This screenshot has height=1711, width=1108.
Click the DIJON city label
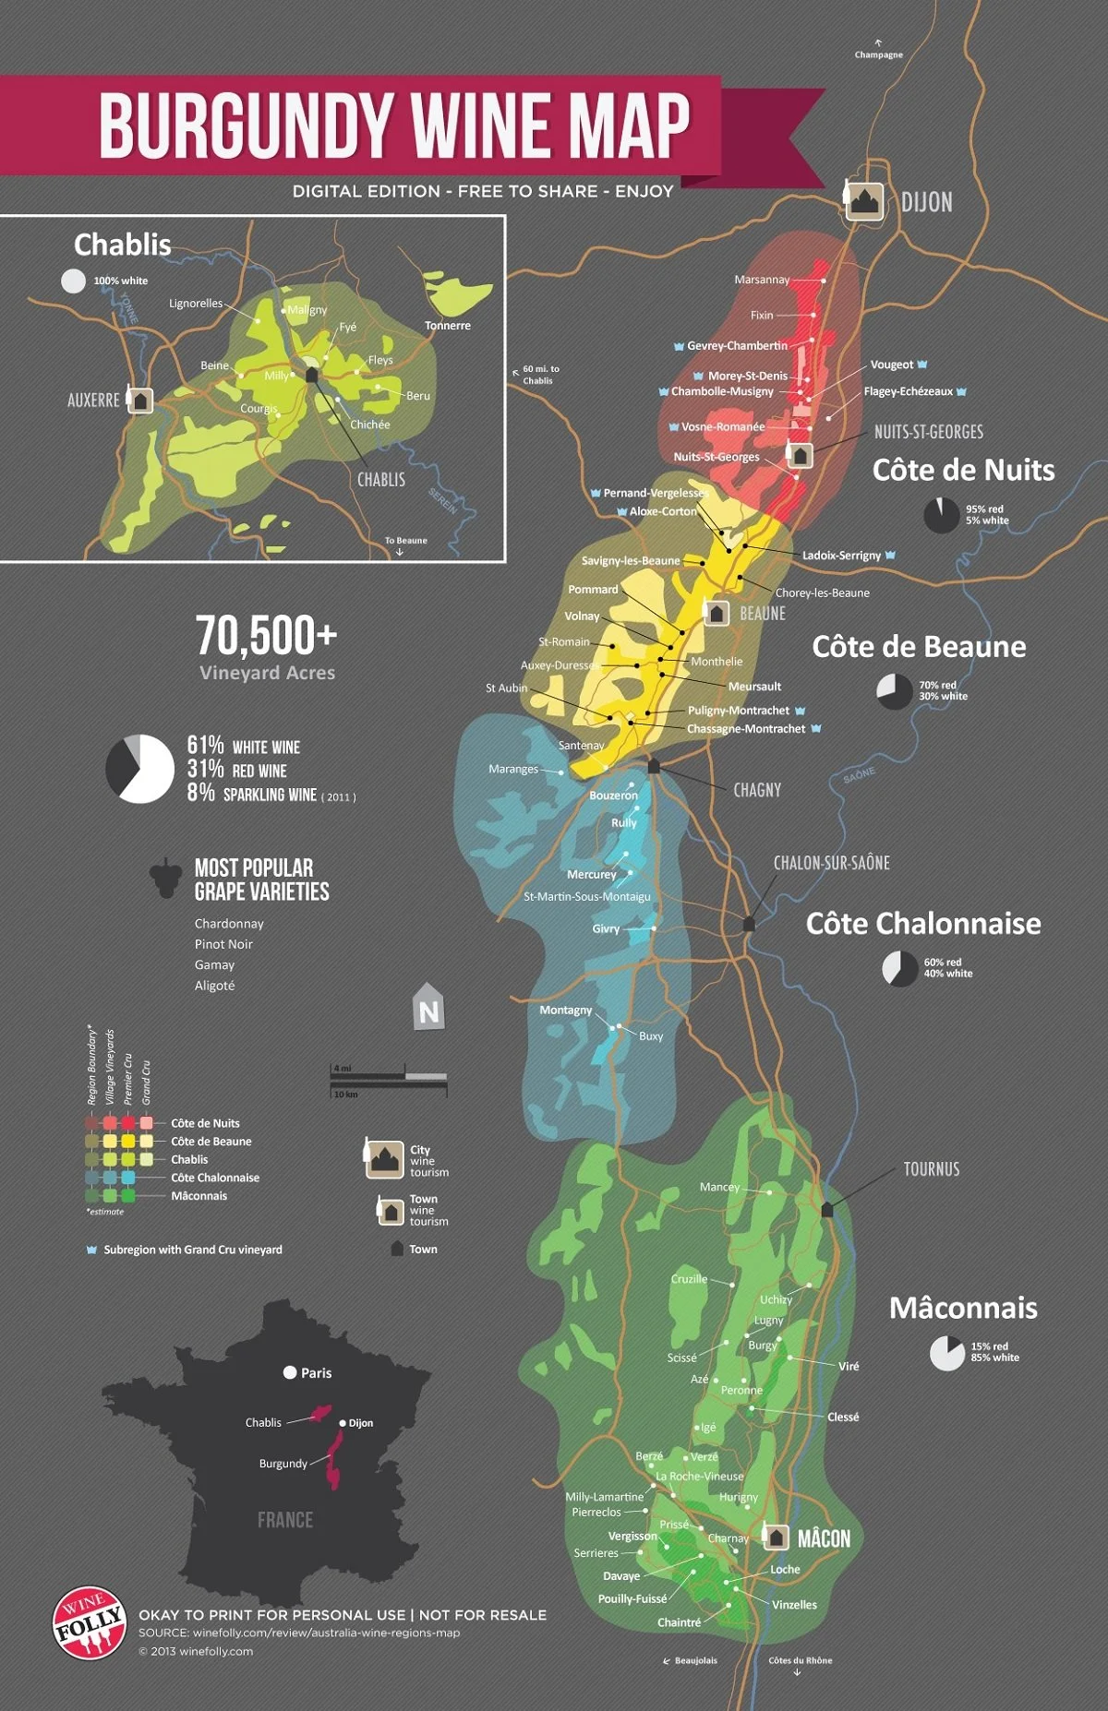(x=926, y=202)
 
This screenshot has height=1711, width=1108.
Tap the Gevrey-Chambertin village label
(x=737, y=346)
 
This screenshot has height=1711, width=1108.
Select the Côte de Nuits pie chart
(x=942, y=515)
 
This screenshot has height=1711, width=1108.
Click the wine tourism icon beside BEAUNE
(x=717, y=613)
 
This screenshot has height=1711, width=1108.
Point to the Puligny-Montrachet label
(x=738, y=711)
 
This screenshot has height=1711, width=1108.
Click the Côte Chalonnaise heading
(x=922, y=924)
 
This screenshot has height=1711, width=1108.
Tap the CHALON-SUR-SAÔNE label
(x=831, y=863)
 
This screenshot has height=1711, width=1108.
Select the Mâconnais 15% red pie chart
(x=946, y=1353)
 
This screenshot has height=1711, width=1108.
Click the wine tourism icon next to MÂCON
(x=777, y=1538)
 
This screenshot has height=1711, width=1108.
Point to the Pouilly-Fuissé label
(x=632, y=1598)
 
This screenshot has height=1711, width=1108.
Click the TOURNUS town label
(x=931, y=1169)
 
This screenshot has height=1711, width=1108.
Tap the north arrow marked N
(x=428, y=1008)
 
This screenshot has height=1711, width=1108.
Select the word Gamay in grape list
(x=214, y=964)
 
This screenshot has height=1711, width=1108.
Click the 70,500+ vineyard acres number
(x=266, y=636)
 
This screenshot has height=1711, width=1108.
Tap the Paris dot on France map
(x=290, y=1372)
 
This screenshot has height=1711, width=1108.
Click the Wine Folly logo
(x=89, y=1623)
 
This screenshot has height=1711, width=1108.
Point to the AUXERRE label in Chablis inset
(x=93, y=401)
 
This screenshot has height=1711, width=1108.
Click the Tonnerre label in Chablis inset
(x=448, y=326)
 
